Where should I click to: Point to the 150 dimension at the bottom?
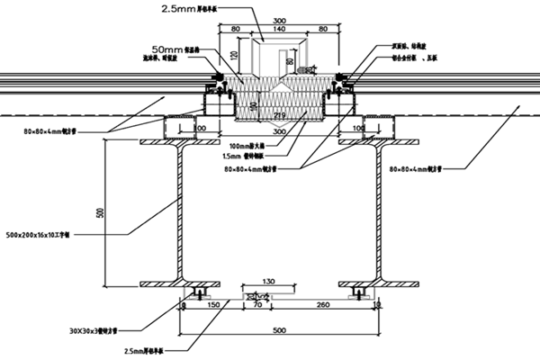pos(212,306)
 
